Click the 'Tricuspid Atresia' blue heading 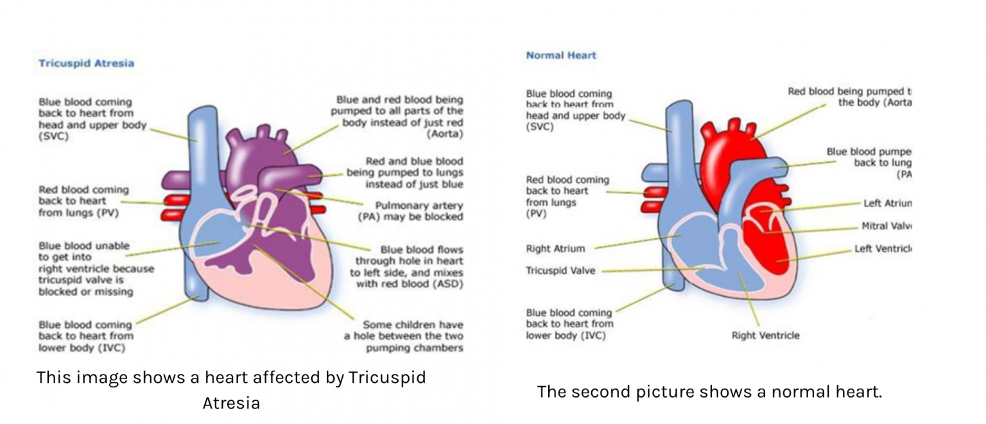click(86, 64)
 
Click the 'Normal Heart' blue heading click(561, 55)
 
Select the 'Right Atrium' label click(555, 249)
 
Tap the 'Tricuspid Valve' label click(560, 270)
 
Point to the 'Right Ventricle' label click(765, 335)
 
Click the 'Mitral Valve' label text click(887, 226)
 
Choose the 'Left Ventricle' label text click(883, 249)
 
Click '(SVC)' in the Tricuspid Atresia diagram click(54, 136)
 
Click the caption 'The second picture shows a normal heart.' click(709, 391)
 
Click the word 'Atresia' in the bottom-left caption click(231, 403)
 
